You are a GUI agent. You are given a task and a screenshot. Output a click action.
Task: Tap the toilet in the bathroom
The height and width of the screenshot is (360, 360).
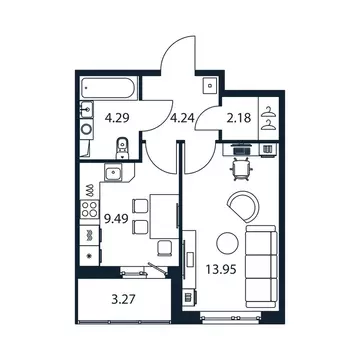coord(121,151)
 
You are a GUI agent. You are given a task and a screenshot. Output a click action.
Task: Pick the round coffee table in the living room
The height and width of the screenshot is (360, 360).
coord(229,241)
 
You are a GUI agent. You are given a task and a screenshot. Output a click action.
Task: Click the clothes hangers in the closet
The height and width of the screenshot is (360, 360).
coord(267,119)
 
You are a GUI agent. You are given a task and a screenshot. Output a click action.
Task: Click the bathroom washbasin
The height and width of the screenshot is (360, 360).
coord(88,113)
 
